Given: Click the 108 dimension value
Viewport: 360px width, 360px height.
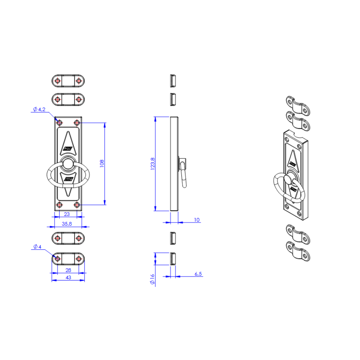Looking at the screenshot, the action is (x=102, y=163).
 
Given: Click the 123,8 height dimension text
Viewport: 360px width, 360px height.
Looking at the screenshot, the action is (x=153, y=164).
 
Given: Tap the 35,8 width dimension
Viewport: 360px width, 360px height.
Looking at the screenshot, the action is (x=67, y=224).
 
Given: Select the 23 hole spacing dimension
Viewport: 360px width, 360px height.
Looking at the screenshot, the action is (x=67, y=214).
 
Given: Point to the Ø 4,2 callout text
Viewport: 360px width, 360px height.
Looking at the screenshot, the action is (x=39, y=109).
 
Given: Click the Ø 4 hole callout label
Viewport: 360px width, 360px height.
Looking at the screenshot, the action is (x=37, y=247).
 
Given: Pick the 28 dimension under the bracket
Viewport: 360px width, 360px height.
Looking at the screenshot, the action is (x=68, y=270).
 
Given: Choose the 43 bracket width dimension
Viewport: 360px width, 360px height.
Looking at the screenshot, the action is (x=68, y=278).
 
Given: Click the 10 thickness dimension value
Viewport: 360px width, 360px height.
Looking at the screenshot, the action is (x=197, y=220).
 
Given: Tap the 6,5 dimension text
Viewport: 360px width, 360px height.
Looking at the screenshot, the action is (x=198, y=274).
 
